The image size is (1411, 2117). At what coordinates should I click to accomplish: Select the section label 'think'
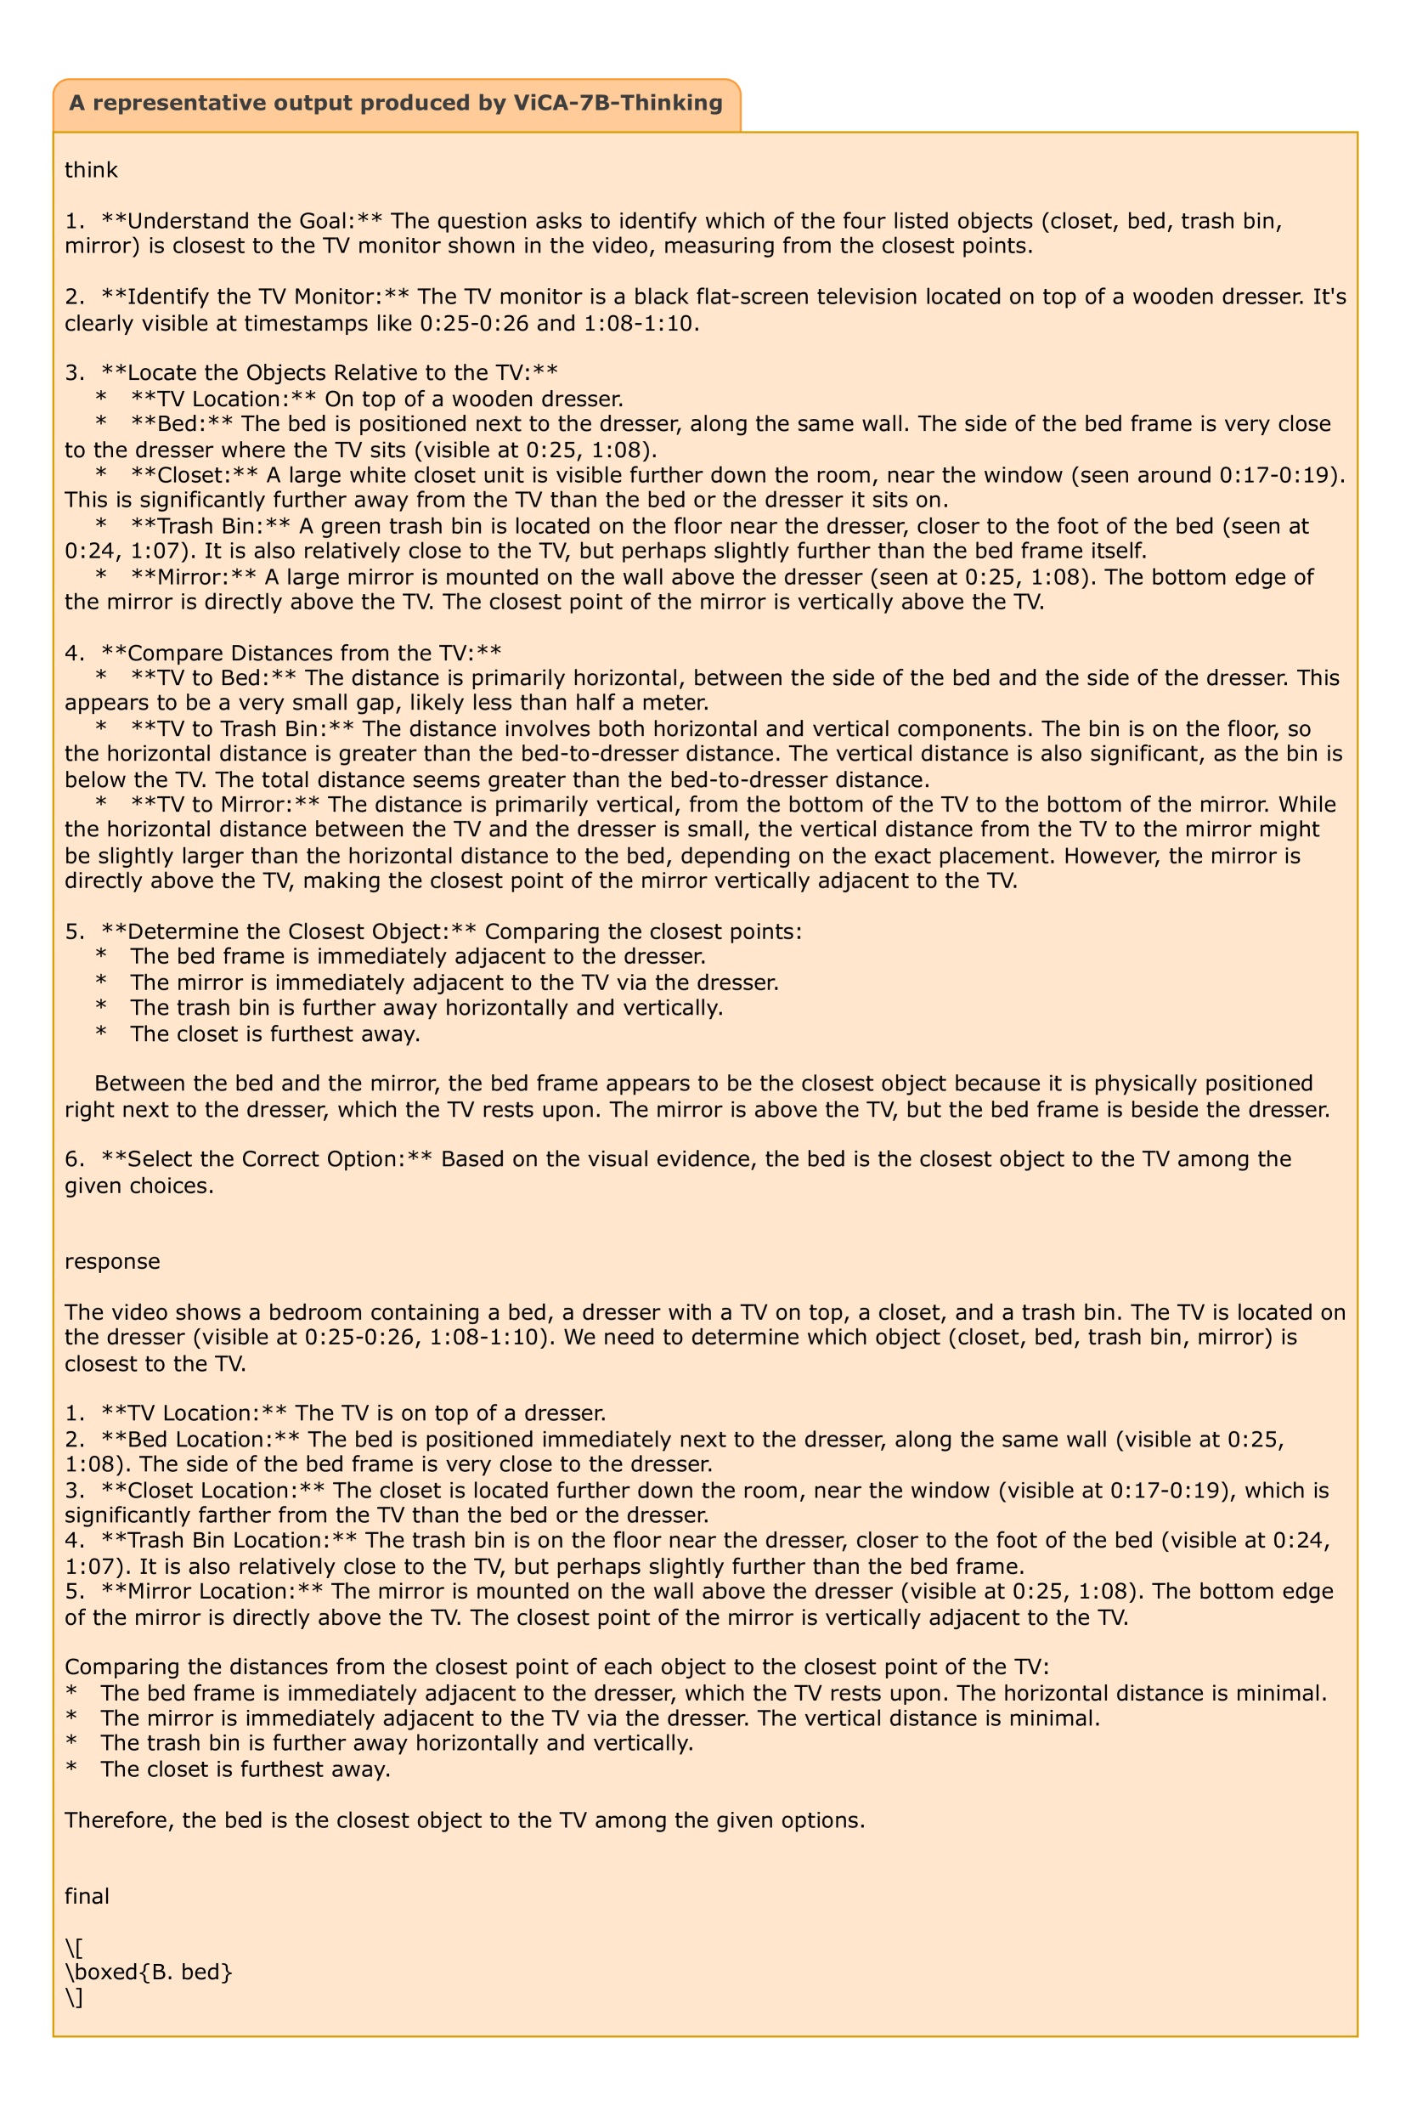[x=91, y=169]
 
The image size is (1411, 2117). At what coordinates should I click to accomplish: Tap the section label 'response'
[x=112, y=1261]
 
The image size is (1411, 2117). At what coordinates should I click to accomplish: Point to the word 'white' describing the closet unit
[x=345, y=474]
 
